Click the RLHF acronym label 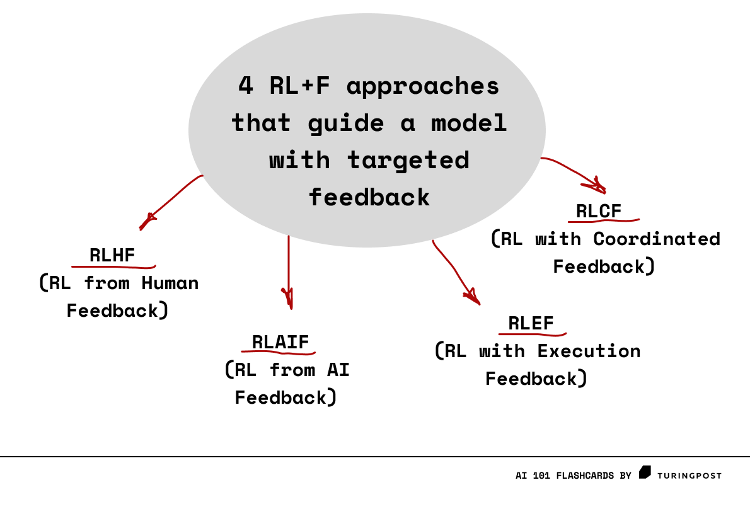click(x=112, y=255)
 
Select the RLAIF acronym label click(x=280, y=342)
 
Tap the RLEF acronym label click(x=531, y=324)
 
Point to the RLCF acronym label click(x=599, y=211)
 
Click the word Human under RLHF click(x=170, y=283)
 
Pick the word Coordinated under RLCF click(x=657, y=239)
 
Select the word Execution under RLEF click(x=589, y=351)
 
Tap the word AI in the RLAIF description click(x=338, y=370)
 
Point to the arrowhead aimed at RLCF click(x=597, y=185)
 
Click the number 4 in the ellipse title click(x=245, y=85)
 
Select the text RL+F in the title click(x=299, y=85)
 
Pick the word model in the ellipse click(x=469, y=122)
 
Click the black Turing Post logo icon click(x=645, y=472)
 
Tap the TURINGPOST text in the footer click(x=689, y=476)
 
